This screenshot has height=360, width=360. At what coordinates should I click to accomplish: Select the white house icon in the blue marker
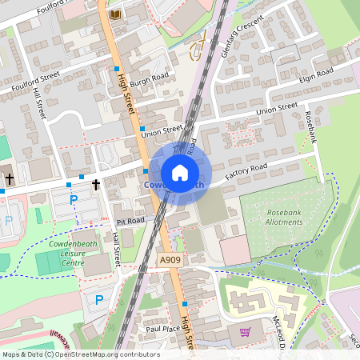(180, 172)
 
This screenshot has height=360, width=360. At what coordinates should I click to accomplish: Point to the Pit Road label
(130, 220)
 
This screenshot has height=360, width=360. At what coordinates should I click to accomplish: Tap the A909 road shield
(169, 260)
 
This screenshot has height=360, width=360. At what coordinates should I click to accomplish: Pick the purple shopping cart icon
(246, 331)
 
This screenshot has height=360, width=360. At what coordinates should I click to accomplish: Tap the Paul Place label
(159, 328)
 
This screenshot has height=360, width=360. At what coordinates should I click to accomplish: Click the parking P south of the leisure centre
(99, 300)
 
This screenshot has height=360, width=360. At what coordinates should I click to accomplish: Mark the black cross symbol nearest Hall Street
(96, 184)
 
